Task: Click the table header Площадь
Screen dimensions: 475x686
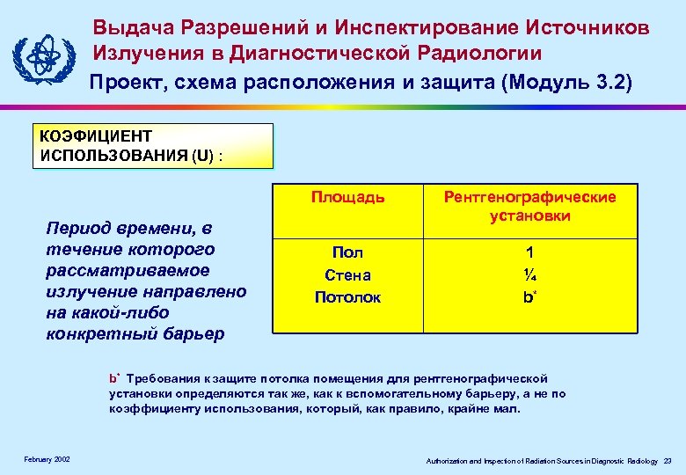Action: [x=347, y=197]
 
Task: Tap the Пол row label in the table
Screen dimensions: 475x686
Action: [x=347, y=252]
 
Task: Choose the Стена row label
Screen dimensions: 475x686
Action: [x=347, y=275]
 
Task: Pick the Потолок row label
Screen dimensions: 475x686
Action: [x=347, y=297]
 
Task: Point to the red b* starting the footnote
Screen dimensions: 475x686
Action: [x=114, y=378]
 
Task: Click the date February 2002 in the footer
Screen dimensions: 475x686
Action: [x=47, y=460]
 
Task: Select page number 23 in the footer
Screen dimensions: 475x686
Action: [x=668, y=461]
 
